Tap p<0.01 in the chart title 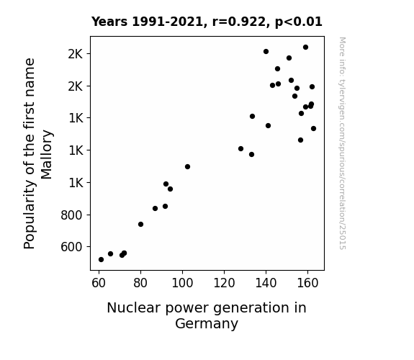click(x=299, y=22)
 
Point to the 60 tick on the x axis click(x=99, y=283)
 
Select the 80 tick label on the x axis click(x=140, y=283)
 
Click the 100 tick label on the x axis click(x=182, y=283)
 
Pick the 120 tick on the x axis click(x=224, y=283)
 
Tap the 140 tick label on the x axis click(x=266, y=283)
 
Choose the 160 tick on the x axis click(x=307, y=283)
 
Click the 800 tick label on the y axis click(x=71, y=215)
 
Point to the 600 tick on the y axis click(x=71, y=247)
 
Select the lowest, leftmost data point click(x=101, y=260)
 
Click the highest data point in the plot click(x=305, y=48)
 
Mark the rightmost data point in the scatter click(x=313, y=129)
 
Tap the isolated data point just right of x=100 click(x=187, y=166)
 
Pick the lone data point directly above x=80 click(x=140, y=224)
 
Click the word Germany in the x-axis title click(x=207, y=323)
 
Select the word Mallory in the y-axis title click(x=47, y=155)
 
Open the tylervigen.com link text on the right click(x=342, y=99)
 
